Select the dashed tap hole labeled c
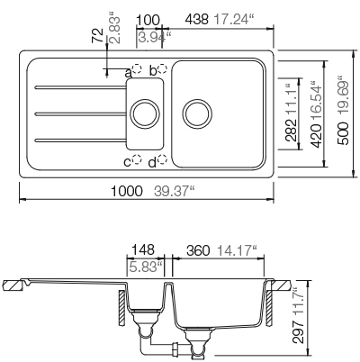(x=137, y=160)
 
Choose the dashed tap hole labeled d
(x=161, y=160)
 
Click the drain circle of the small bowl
(x=141, y=114)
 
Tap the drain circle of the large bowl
(x=195, y=114)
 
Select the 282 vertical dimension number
(x=289, y=133)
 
